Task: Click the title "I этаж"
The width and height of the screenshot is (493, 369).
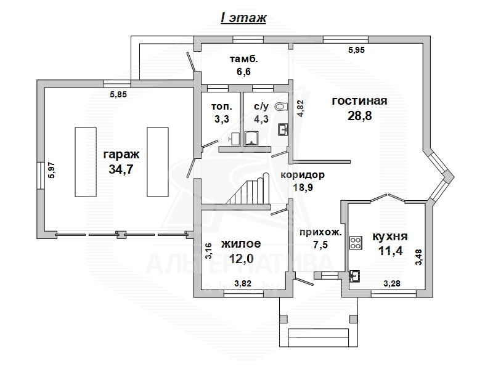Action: pyautogui.click(x=243, y=18)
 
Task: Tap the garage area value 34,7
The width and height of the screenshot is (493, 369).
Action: pyautogui.click(x=121, y=169)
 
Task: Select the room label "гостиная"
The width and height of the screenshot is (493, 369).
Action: pyautogui.click(x=359, y=101)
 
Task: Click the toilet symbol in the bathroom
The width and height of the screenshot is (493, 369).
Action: pyautogui.click(x=282, y=107)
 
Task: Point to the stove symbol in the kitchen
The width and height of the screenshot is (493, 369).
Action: pyautogui.click(x=356, y=243)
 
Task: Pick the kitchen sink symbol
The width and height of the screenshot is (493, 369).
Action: pyautogui.click(x=355, y=275)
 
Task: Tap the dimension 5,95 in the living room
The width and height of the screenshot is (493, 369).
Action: pyautogui.click(x=357, y=50)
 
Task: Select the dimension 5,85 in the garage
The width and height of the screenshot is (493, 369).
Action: pyautogui.click(x=118, y=94)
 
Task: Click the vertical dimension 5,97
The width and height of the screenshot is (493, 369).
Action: pyautogui.click(x=52, y=170)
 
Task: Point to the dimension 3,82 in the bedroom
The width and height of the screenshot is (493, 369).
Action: pyautogui.click(x=243, y=283)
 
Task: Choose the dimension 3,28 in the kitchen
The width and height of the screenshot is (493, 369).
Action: pyautogui.click(x=392, y=283)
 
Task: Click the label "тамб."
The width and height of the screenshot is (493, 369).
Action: pyautogui.click(x=244, y=59)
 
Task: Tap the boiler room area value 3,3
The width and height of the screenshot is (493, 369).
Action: pyautogui.click(x=222, y=119)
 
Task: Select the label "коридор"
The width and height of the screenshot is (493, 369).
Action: pyautogui.click(x=303, y=175)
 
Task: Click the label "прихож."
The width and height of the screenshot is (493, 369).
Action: pyautogui.click(x=320, y=233)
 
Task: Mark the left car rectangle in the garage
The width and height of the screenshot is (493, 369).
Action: pyautogui.click(x=86, y=162)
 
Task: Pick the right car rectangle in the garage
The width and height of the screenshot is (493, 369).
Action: pyautogui.click(x=158, y=162)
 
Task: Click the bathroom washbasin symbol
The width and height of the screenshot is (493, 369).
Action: pyautogui.click(x=283, y=129)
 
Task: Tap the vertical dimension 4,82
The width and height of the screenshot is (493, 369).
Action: pyautogui.click(x=301, y=108)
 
